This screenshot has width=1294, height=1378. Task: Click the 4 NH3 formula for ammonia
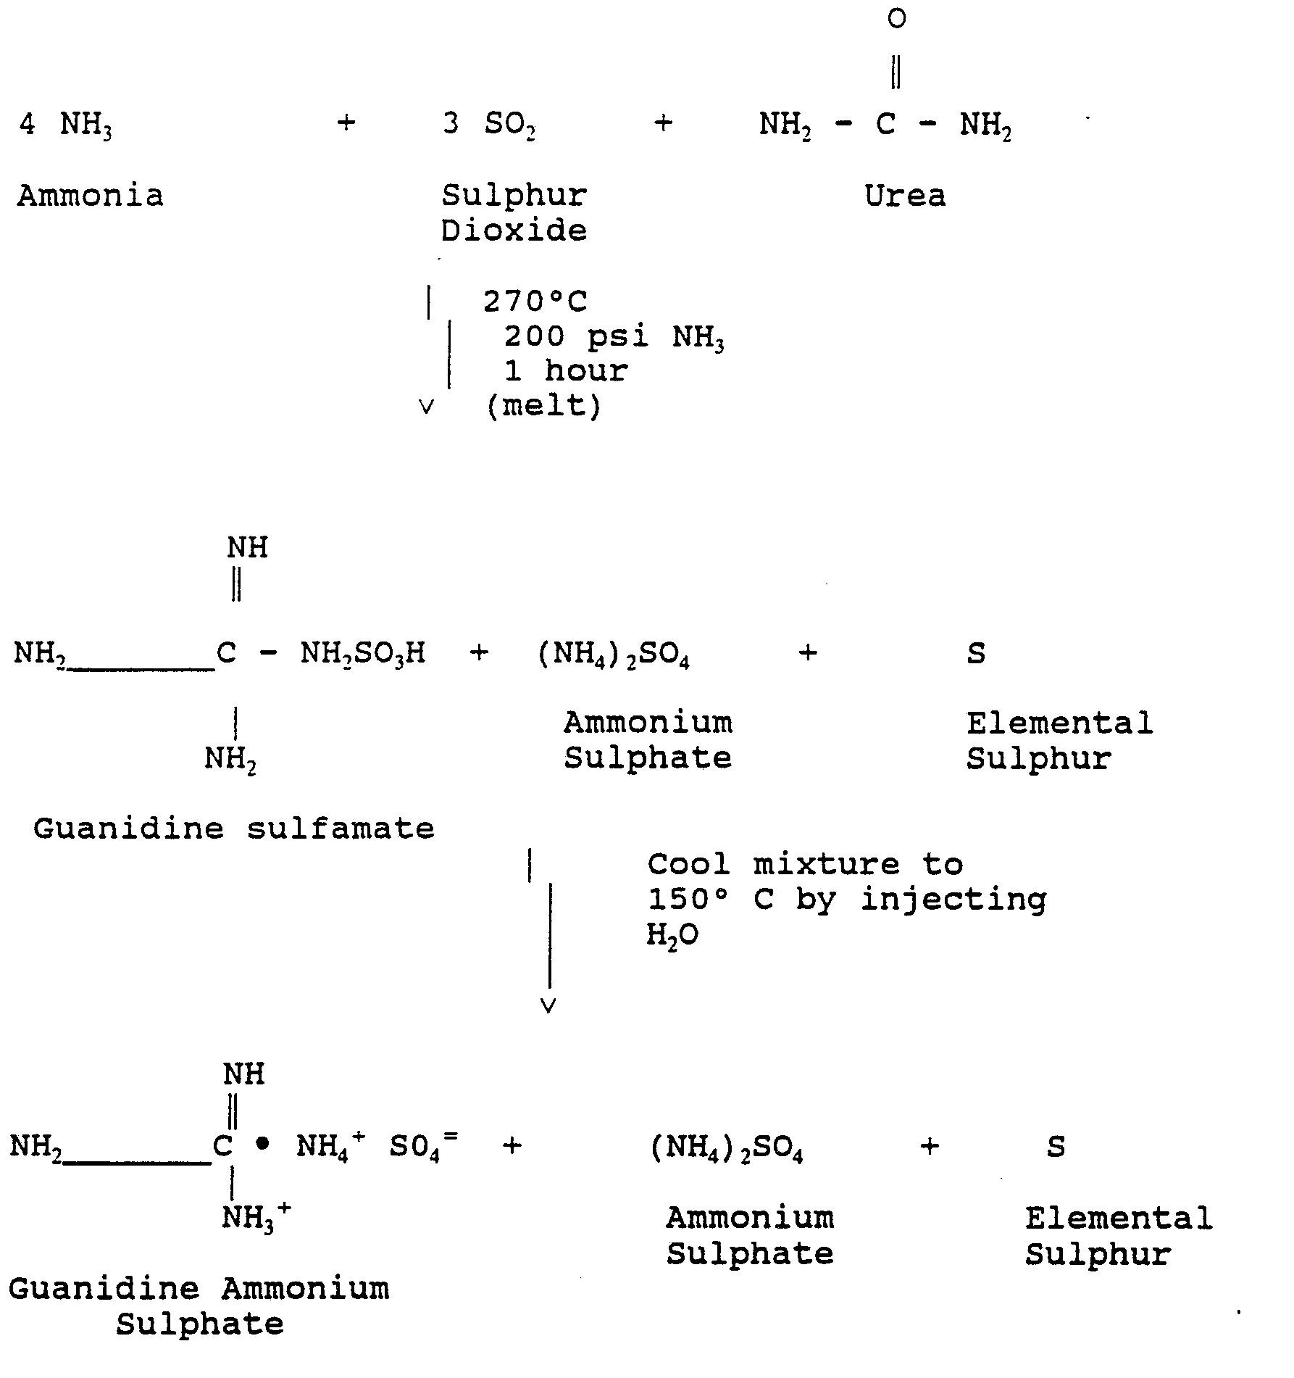click(x=65, y=125)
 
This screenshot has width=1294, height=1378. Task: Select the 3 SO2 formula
click(x=489, y=125)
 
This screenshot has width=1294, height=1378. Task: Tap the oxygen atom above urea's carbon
click(x=896, y=19)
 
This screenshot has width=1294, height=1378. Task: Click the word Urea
click(x=905, y=196)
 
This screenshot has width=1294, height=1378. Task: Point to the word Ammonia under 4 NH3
click(x=91, y=196)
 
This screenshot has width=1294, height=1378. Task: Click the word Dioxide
click(x=514, y=231)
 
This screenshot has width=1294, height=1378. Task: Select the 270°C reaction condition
click(x=535, y=301)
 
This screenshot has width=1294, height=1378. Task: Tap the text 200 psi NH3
click(x=614, y=337)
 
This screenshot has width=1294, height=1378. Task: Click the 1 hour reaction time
click(x=566, y=371)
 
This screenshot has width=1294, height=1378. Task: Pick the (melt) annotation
click(x=543, y=406)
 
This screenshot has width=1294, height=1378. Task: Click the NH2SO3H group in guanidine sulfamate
click(x=362, y=654)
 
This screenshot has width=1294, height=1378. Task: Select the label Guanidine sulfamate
click(x=234, y=828)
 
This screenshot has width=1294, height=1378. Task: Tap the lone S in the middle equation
click(x=976, y=654)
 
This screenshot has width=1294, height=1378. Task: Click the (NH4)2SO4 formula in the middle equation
click(x=613, y=655)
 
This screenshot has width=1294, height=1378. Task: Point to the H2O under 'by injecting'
click(x=672, y=936)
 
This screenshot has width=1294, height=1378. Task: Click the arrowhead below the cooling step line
click(x=548, y=1005)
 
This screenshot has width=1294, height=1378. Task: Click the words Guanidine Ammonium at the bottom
click(x=199, y=1289)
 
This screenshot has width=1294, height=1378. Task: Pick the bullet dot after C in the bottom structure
click(x=262, y=1145)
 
